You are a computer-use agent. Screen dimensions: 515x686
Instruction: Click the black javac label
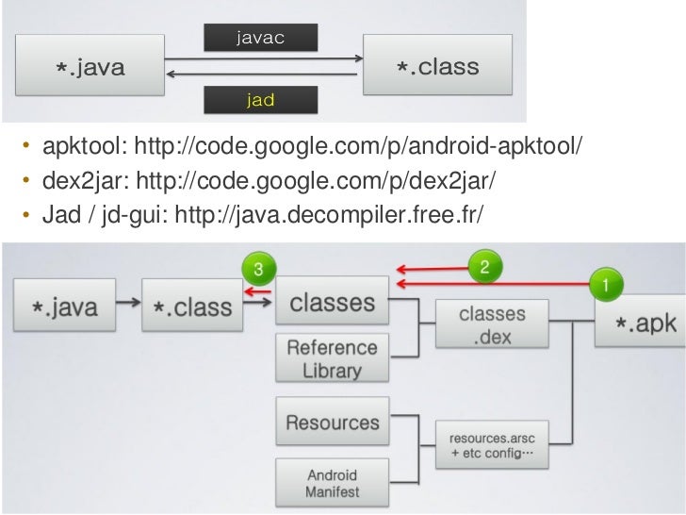(260, 37)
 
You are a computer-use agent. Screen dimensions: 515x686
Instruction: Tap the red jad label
(260, 99)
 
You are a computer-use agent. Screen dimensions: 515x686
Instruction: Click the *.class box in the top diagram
(436, 68)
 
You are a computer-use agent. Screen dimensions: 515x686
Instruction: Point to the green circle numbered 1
(605, 281)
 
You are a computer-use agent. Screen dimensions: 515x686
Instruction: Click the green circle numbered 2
(484, 266)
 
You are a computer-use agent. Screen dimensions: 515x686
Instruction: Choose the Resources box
(333, 424)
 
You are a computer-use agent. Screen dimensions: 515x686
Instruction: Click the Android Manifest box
(333, 483)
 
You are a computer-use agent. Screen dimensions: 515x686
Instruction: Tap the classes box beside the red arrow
(333, 303)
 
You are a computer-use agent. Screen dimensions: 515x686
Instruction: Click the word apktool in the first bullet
(73, 147)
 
